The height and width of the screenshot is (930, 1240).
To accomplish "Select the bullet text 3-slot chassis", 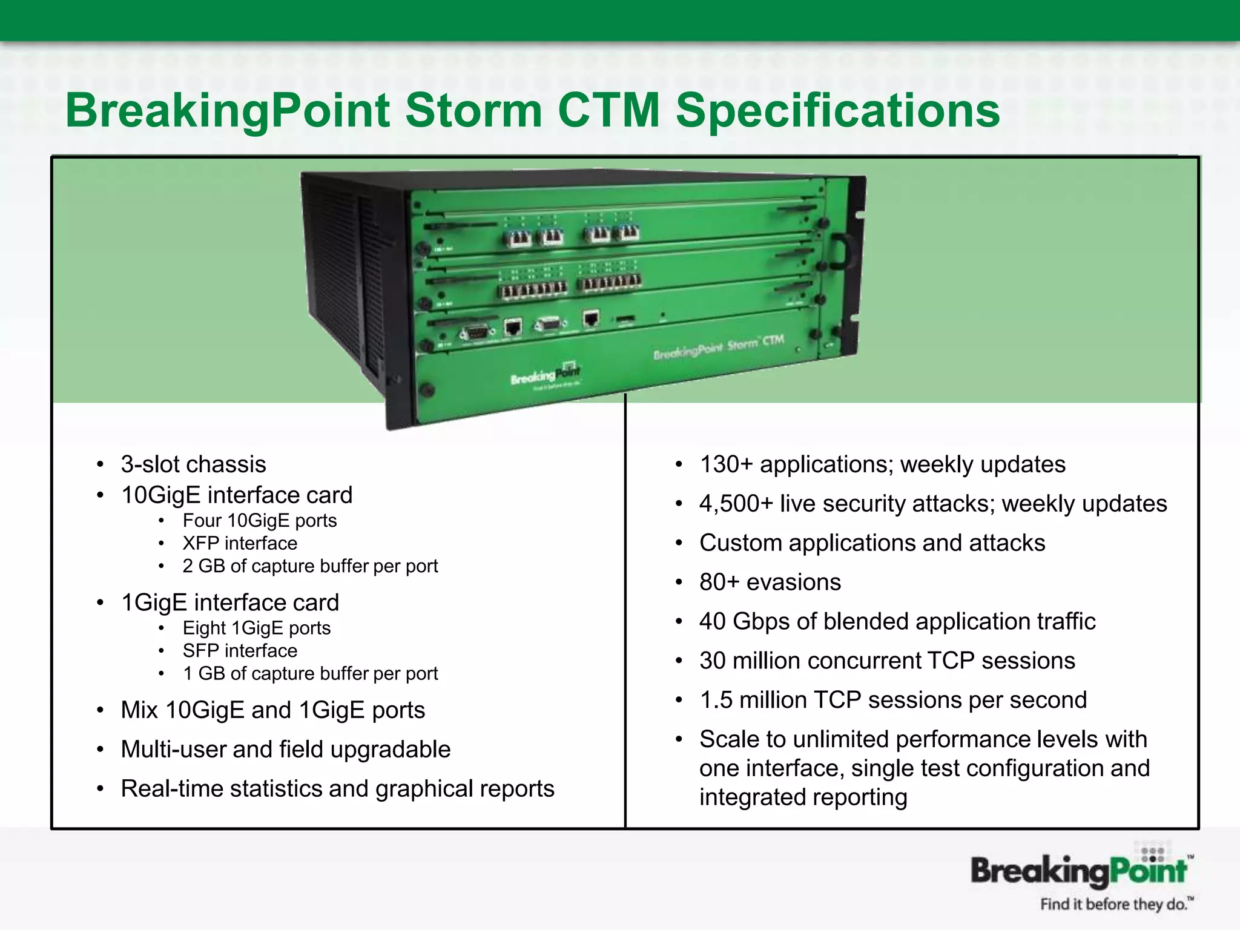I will (193, 464).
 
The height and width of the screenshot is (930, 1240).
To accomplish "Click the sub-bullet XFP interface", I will (240, 543).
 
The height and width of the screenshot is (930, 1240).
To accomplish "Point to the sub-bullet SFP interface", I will (240, 651).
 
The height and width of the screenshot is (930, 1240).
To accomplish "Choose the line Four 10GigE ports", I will (260, 521).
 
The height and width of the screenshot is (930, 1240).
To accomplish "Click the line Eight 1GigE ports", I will (257, 628).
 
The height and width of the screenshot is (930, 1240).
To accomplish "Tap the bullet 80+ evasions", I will (770, 582).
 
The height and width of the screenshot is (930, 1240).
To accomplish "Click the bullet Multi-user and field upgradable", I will (285, 750).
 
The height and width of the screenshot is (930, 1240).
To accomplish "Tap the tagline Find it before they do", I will (1116, 905).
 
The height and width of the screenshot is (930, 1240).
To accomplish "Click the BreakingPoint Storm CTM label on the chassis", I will (718, 346).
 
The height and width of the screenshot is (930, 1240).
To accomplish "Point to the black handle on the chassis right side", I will (840, 251).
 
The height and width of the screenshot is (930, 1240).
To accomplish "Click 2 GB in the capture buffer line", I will (203, 566).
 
